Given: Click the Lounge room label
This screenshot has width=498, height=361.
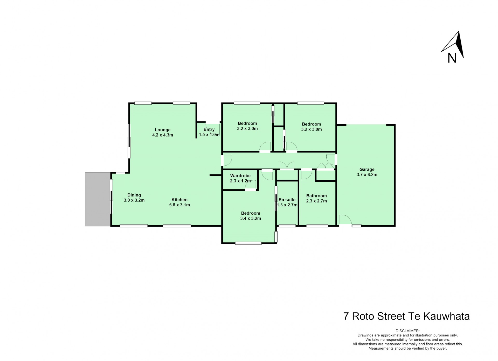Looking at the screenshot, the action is tap(163, 130).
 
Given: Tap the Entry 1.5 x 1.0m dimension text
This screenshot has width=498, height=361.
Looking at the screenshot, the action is tap(209, 135).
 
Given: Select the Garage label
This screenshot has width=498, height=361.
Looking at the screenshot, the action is tap(367, 169).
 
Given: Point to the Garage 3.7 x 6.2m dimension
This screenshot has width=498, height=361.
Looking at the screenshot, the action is tap(367, 175).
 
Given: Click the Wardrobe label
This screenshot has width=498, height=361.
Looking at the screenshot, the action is tap(240, 176).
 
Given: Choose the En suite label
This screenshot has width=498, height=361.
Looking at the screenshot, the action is tap(287, 200).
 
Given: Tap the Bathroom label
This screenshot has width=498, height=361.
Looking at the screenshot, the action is tap(316, 196).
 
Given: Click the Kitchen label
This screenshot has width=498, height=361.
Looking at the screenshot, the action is tap(179, 200).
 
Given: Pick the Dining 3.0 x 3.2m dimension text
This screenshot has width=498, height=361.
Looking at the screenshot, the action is tap(134, 200).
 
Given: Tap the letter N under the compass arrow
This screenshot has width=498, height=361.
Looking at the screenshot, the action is tap(452, 58).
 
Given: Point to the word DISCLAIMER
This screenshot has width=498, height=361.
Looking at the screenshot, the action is tap(407, 331).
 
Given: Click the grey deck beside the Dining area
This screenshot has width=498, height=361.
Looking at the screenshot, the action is tap(98, 199).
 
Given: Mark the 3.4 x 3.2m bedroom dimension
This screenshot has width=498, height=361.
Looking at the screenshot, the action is tap(251, 219).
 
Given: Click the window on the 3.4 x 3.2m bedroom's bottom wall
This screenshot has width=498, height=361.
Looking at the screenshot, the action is tap(248, 243).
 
